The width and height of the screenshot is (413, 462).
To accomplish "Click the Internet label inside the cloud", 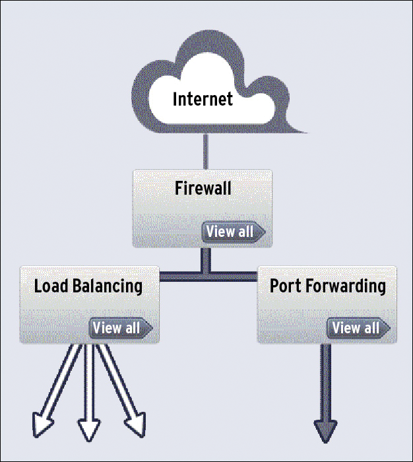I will click(x=203, y=99).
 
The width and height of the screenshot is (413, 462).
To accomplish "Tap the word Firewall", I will click(x=203, y=188).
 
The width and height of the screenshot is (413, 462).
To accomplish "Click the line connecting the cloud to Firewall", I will click(x=206, y=152).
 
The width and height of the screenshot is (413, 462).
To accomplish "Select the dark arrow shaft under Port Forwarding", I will click(x=326, y=383).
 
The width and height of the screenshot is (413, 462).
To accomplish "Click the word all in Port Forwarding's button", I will click(x=371, y=327).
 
